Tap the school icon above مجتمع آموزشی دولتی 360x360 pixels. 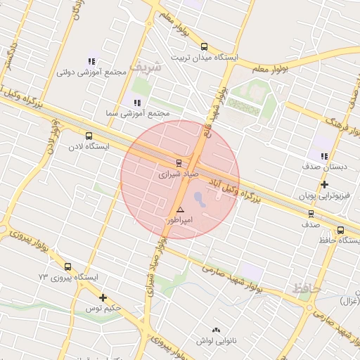coord(91,61)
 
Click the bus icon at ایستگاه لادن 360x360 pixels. coord(89,136)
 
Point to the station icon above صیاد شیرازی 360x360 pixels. coord(178,162)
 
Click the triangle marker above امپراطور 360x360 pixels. coord(181,210)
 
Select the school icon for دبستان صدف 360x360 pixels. coord(323,156)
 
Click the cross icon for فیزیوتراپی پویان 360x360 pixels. coord(323,185)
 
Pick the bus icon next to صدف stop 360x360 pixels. coord(311,214)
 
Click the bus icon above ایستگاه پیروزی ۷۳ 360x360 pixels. coord(67,266)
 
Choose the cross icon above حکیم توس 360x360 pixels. coord(103,297)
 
